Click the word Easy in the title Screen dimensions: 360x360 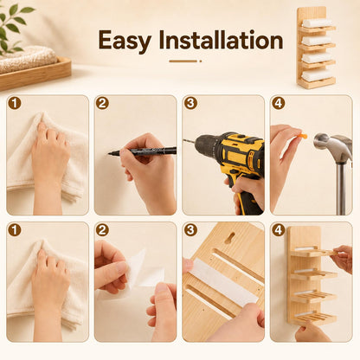[125, 41]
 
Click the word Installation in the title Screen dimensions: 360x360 [222, 40]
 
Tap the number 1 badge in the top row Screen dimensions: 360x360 [15, 103]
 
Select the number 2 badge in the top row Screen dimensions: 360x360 [102, 103]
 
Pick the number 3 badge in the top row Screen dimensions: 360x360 [190, 103]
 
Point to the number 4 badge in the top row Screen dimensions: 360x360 [279, 103]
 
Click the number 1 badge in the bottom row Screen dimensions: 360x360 [15, 230]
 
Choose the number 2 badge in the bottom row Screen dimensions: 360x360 [102, 230]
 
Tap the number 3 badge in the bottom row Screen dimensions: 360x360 [190, 230]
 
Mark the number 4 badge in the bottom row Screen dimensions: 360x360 [279, 230]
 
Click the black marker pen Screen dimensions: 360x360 [143, 151]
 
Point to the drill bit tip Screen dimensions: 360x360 [183, 140]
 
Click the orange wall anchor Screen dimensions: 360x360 [302, 136]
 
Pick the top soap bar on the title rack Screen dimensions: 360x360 [317, 23]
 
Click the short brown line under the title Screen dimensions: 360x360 [183, 61]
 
